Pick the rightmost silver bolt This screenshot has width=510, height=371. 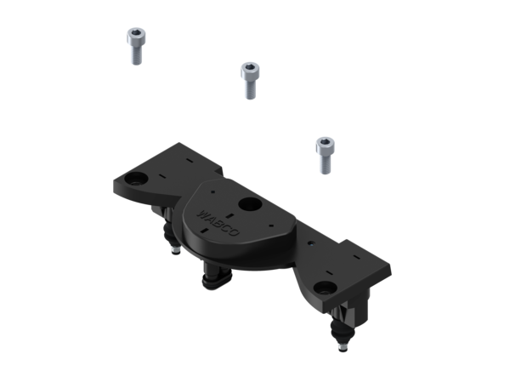click(324, 154)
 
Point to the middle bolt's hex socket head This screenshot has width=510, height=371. click(248, 67)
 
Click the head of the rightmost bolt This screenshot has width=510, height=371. click(324, 142)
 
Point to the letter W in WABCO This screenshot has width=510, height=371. click(201, 208)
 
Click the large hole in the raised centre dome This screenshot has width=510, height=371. click(250, 204)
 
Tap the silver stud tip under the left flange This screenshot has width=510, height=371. click(173, 251)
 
